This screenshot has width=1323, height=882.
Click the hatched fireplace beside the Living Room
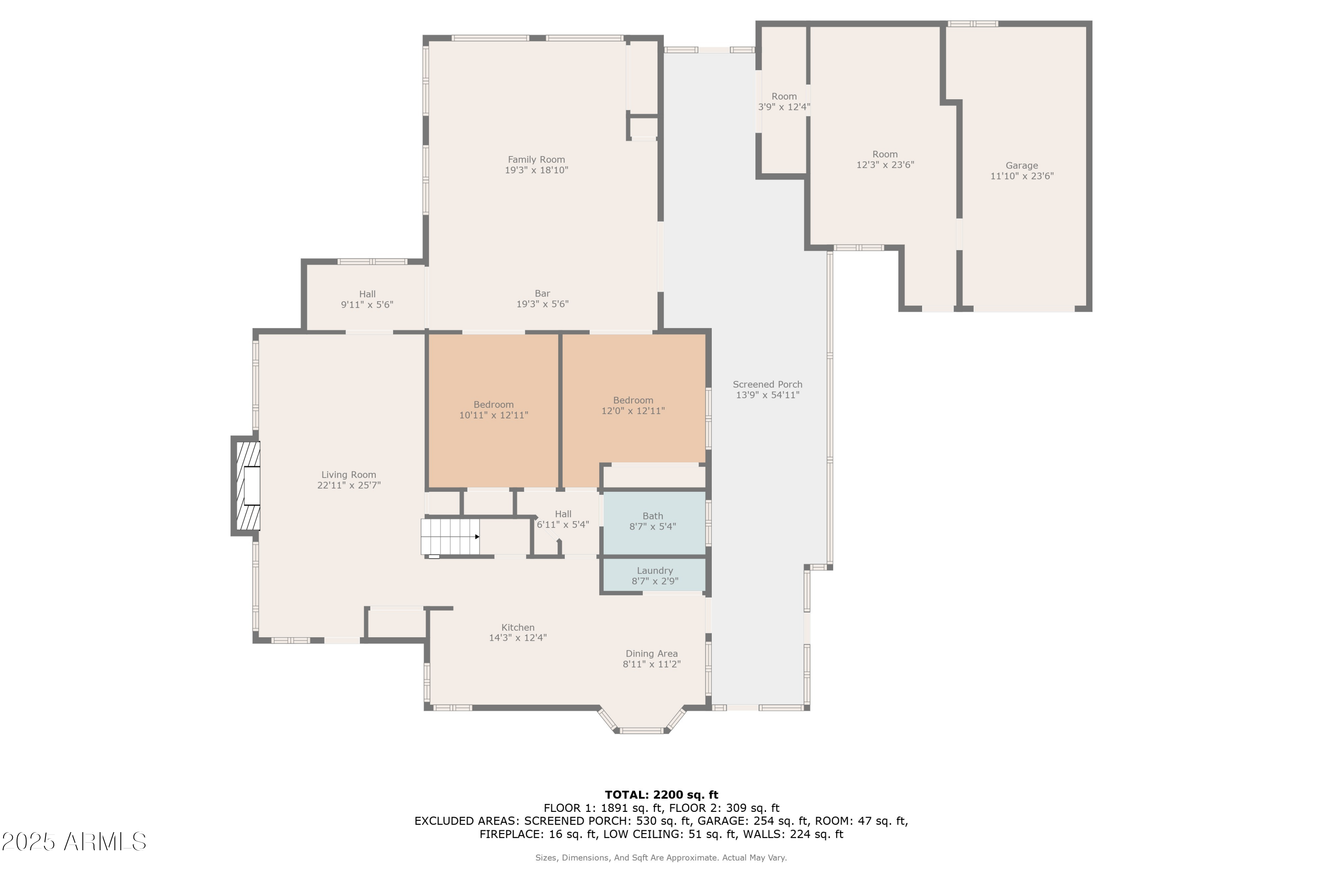pyautogui.click(x=247, y=486)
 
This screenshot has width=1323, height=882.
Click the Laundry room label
pyautogui.click(x=655, y=570)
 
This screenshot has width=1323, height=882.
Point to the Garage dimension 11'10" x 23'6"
pyautogui.click(x=1021, y=176)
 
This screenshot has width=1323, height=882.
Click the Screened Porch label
pyautogui.click(x=767, y=384)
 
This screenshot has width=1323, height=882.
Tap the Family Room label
pyautogui.click(x=536, y=160)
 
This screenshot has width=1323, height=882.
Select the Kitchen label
pyautogui.click(x=517, y=627)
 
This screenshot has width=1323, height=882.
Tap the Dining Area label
pyautogui.click(x=651, y=654)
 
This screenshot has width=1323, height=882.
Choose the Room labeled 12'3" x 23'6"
pyautogui.click(x=885, y=160)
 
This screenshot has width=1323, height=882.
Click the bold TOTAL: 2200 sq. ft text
pyautogui.click(x=661, y=795)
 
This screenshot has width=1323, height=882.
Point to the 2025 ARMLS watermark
pyautogui.click(x=74, y=842)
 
